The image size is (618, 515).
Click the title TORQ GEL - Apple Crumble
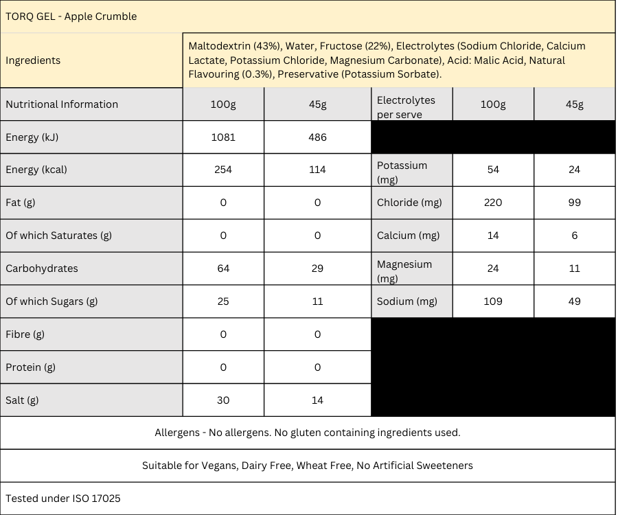point(71,16)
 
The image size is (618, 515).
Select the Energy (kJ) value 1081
point(223,137)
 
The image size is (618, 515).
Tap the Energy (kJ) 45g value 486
point(317,137)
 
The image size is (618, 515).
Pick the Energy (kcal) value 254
point(223,170)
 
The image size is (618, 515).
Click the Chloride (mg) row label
point(409,203)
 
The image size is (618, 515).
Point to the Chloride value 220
point(493,203)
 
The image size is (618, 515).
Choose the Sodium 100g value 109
point(493,301)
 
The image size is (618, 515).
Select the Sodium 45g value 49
point(575,301)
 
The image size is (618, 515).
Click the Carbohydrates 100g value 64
point(223,268)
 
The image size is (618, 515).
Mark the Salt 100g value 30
point(223,400)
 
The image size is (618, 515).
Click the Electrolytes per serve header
point(406,108)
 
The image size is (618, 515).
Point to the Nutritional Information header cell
point(62,104)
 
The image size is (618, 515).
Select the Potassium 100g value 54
point(493,170)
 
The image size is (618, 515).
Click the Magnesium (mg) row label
point(404,271)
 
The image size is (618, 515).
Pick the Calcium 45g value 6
point(575,236)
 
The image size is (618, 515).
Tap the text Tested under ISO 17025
point(63,499)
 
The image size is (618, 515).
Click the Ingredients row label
point(33,60)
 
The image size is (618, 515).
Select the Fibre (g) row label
point(25,334)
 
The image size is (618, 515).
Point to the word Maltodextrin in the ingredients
point(219,46)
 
